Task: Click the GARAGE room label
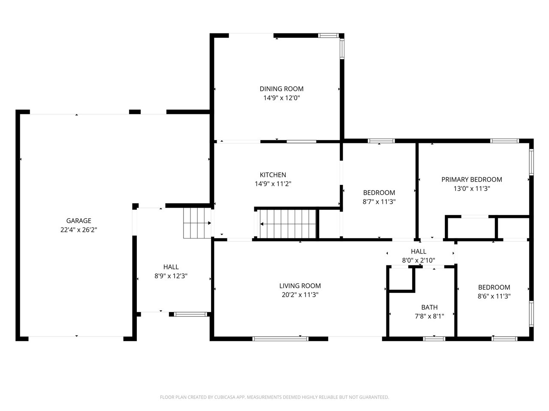click(x=78, y=220)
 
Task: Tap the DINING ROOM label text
click(x=281, y=89)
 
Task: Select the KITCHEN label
click(x=273, y=175)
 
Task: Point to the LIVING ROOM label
click(x=300, y=286)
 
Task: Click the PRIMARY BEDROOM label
click(x=472, y=179)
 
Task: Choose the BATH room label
click(x=429, y=307)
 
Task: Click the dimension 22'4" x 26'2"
click(x=78, y=229)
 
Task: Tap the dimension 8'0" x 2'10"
click(x=419, y=260)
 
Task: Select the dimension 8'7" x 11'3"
click(x=379, y=201)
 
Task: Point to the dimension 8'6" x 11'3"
click(x=494, y=296)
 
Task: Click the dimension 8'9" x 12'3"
click(x=171, y=276)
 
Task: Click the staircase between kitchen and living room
click(x=288, y=224)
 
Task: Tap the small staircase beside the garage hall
click(x=197, y=223)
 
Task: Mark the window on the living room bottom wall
click(x=281, y=339)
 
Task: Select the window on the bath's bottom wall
click(x=434, y=339)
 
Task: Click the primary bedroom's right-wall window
click(x=531, y=162)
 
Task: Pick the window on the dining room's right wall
click(x=342, y=48)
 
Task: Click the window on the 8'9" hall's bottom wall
click(x=190, y=314)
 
